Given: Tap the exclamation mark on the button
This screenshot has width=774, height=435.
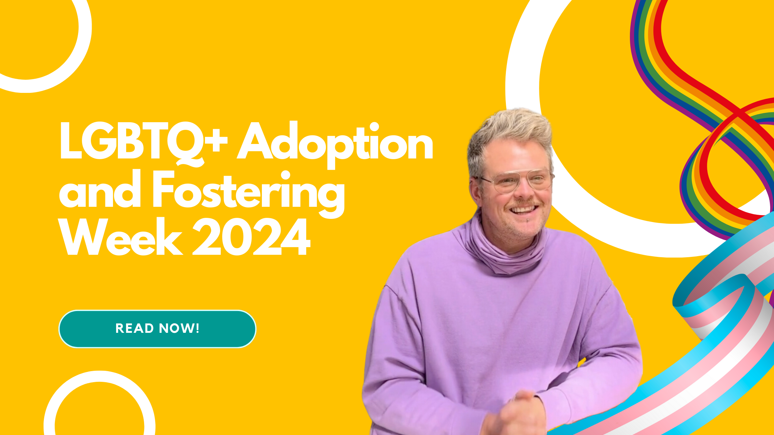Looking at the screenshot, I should point(198,328).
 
